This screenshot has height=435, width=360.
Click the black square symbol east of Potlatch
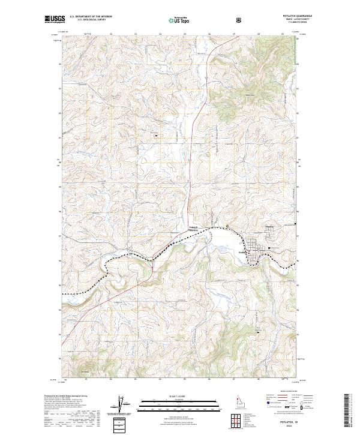click(x=270, y=247)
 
